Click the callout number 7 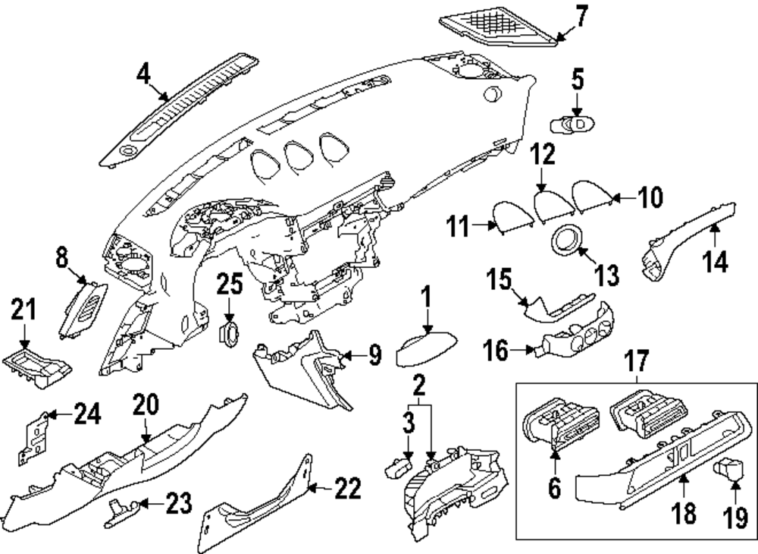(x=580, y=16)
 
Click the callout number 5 (x=578, y=80)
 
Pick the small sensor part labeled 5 (x=573, y=122)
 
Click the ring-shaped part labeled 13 (x=565, y=243)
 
